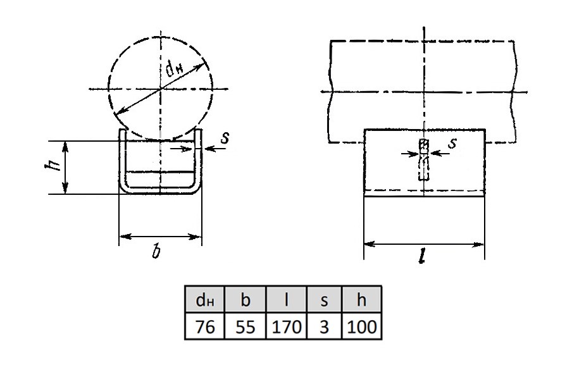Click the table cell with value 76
[x=204, y=326]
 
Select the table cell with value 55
[x=245, y=326]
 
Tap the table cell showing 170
[x=287, y=326]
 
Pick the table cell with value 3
[x=325, y=326]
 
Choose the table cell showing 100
[x=361, y=326]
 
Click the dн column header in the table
[x=204, y=300]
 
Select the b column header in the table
[x=245, y=300]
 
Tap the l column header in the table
[x=287, y=300]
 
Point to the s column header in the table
[x=325, y=300]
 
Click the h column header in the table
[x=361, y=300]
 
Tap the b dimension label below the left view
[x=156, y=251]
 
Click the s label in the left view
[x=225, y=138]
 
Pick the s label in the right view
[x=452, y=142]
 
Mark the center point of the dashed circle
[x=160, y=89]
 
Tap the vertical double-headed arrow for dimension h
[x=65, y=168]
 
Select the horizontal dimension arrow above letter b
[x=160, y=237]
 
